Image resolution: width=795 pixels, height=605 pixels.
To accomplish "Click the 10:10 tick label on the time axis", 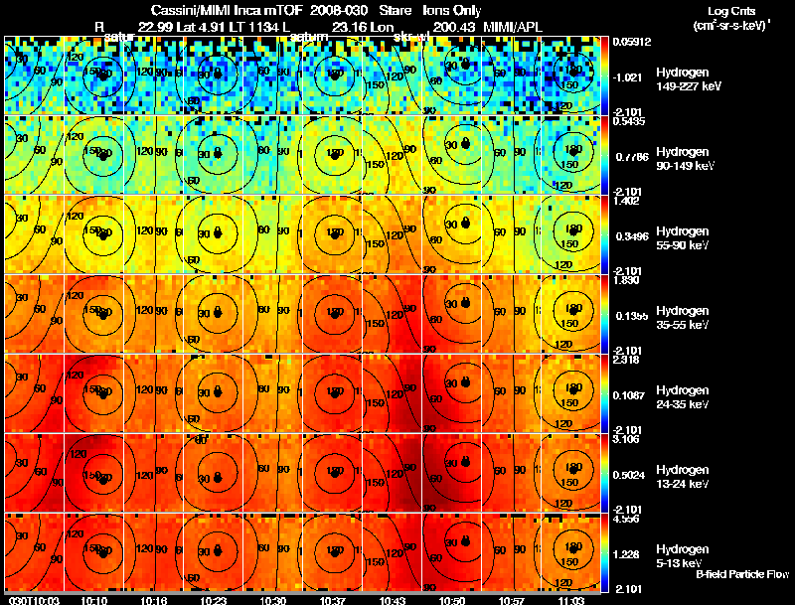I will [x=93, y=600].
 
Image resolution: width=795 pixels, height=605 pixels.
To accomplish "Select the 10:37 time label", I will [x=333, y=600].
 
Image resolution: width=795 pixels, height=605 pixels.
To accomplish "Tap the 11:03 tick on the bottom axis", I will [x=571, y=600].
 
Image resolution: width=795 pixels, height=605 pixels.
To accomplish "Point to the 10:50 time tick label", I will [x=452, y=600].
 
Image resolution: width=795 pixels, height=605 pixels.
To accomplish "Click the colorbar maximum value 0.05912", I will [x=630, y=42].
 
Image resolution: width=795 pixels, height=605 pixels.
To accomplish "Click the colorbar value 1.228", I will [x=626, y=554].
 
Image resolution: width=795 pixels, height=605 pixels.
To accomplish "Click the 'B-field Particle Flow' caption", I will [x=741, y=574].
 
